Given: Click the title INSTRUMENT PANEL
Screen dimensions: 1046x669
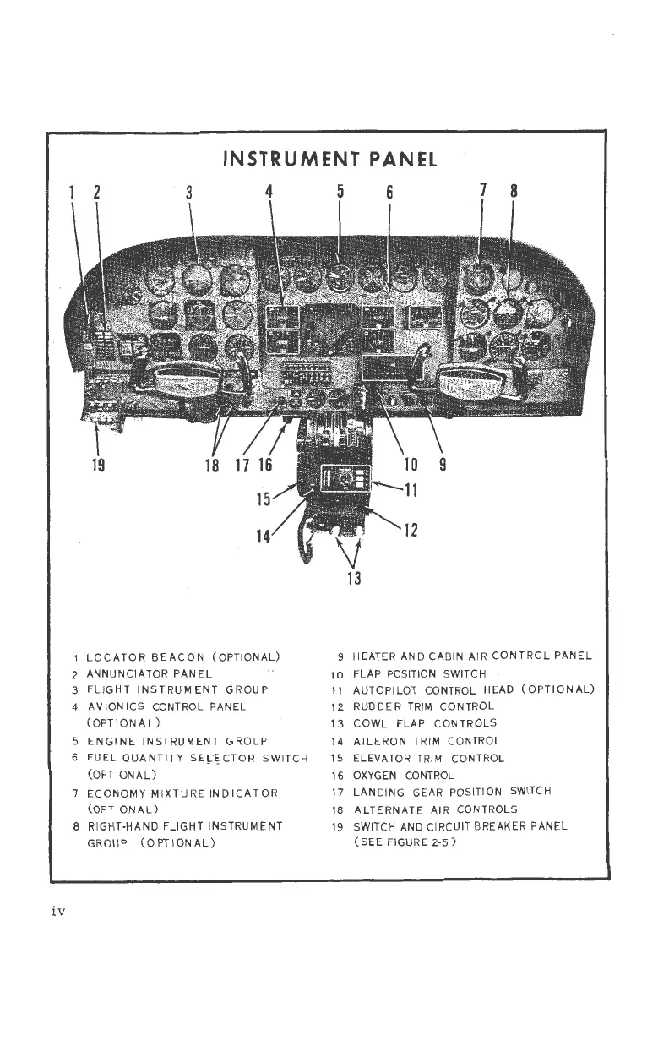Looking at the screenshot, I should [329, 158].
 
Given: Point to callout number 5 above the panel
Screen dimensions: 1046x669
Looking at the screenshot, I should [340, 192].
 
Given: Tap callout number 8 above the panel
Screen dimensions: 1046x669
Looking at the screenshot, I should [514, 192].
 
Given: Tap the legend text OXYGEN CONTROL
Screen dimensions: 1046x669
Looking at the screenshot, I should [403, 775].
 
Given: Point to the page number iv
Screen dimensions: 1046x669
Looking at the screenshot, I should [57, 912].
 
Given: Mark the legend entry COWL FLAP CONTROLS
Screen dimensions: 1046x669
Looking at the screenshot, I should [425, 723].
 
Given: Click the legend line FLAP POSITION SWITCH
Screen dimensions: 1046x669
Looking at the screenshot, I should [419, 673].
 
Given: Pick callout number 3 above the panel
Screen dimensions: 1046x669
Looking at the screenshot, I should [189, 192].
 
